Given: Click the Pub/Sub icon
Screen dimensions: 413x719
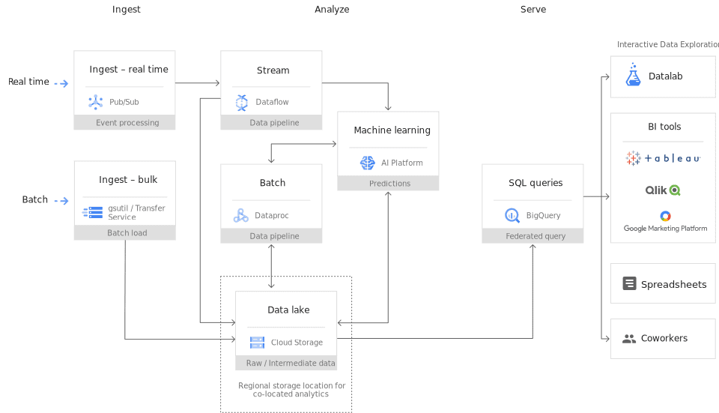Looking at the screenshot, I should pyautogui.click(x=95, y=102).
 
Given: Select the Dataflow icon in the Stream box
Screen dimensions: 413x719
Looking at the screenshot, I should pyautogui.click(x=241, y=102).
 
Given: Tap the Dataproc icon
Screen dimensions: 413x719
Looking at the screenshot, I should pyautogui.click(x=240, y=216).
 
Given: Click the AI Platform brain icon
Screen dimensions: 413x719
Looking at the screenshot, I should pyautogui.click(x=367, y=163).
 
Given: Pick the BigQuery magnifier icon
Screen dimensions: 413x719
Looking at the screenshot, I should pyautogui.click(x=512, y=216).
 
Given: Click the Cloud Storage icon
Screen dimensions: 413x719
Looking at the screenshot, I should pyautogui.click(x=257, y=343).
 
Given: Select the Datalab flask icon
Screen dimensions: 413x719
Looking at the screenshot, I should pyautogui.click(x=633, y=76).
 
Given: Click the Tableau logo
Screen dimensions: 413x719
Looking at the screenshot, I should pyautogui.click(x=663, y=158).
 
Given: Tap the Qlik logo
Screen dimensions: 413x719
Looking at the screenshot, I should pyautogui.click(x=663, y=190).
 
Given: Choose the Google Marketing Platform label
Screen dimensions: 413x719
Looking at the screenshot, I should pyautogui.click(x=665, y=229).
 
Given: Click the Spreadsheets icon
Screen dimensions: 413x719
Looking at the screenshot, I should pyautogui.click(x=629, y=284).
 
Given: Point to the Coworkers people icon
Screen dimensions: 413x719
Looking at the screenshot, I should pyautogui.click(x=629, y=339).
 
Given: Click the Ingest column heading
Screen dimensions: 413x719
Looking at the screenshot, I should pyautogui.click(x=127, y=10).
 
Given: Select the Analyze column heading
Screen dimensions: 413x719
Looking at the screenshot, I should pyautogui.click(x=332, y=10).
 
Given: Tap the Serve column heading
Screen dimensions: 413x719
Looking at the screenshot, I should pyautogui.click(x=533, y=10).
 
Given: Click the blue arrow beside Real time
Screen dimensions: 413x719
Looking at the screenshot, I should pyautogui.click(x=61, y=84).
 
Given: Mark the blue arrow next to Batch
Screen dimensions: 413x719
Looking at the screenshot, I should pyautogui.click(x=61, y=201).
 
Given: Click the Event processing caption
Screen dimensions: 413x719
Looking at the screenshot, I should pyautogui.click(x=127, y=123).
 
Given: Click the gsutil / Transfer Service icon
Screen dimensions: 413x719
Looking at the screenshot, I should pyautogui.click(x=92, y=213).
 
